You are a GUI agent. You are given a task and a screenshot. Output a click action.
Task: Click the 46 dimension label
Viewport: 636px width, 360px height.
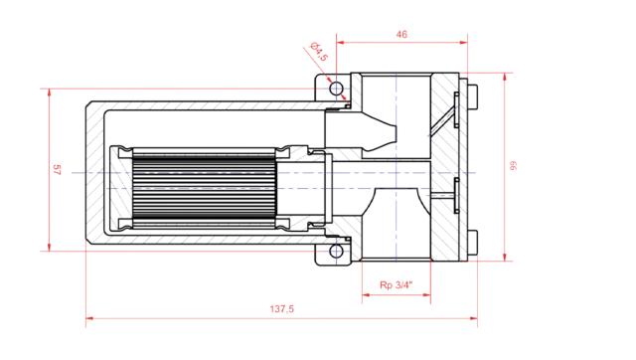(x=401, y=34)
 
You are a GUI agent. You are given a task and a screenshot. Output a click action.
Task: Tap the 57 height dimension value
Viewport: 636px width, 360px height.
(x=56, y=170)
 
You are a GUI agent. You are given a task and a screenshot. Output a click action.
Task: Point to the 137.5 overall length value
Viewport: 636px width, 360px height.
(x=282, y=309)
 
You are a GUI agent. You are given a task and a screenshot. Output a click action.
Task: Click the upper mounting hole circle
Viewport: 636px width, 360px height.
(x=338, y=90)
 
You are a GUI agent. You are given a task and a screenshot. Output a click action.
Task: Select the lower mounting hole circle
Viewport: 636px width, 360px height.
(x=338, y=251)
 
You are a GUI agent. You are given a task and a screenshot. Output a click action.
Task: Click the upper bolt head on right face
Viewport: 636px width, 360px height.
(x=472, y=98)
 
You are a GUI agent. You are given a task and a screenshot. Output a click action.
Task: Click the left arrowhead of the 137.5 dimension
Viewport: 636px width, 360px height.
(x=89, y=320)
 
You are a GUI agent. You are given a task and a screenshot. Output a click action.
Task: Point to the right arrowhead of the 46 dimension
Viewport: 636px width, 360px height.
(x=463, y=43)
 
